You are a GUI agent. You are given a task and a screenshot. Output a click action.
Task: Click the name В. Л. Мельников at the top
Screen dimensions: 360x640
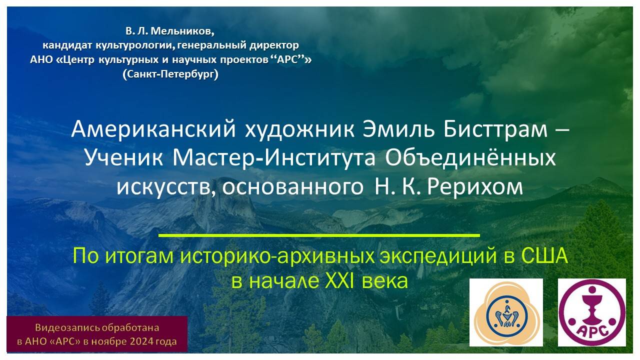point(170,32)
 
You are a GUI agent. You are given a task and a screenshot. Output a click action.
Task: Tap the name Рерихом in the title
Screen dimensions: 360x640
point(479,187)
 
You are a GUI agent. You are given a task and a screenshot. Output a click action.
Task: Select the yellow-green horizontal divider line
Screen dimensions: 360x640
point(319,234)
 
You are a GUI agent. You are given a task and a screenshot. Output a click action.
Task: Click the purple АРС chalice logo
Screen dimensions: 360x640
point(591,312)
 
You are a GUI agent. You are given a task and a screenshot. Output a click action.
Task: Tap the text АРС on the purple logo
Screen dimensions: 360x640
point(591,331)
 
